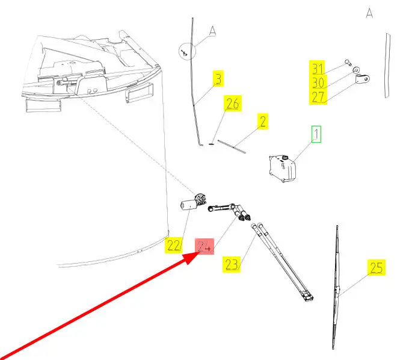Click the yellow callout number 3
[217, 79]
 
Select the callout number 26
[232, 104]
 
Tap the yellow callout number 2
[262, 122]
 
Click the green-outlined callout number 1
[316, 135]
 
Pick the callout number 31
[318, 68]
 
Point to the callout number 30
[318, 82]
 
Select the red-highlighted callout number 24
[205, 245]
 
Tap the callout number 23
[233, 264]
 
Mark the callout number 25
[376, 268]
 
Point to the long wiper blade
[337, 289]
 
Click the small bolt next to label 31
[348, 63]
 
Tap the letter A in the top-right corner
[369, 13]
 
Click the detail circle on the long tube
[186, 52]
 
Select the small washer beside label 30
[355, 69]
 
